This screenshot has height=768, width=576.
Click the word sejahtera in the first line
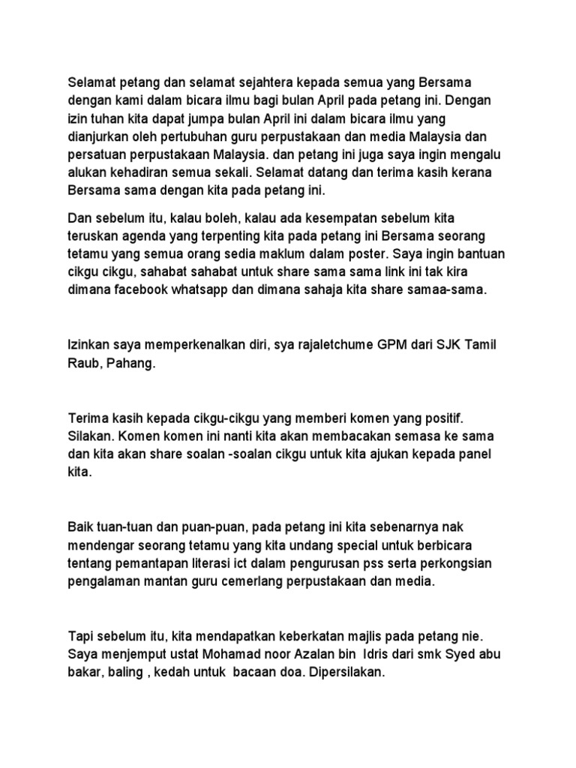[234, 81]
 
